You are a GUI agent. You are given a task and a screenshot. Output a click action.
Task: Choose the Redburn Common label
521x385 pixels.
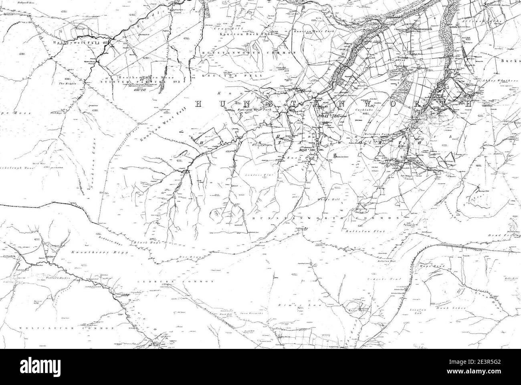coord(173,282)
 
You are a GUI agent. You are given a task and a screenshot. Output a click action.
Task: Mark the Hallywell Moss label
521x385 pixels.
coord(26,3)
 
